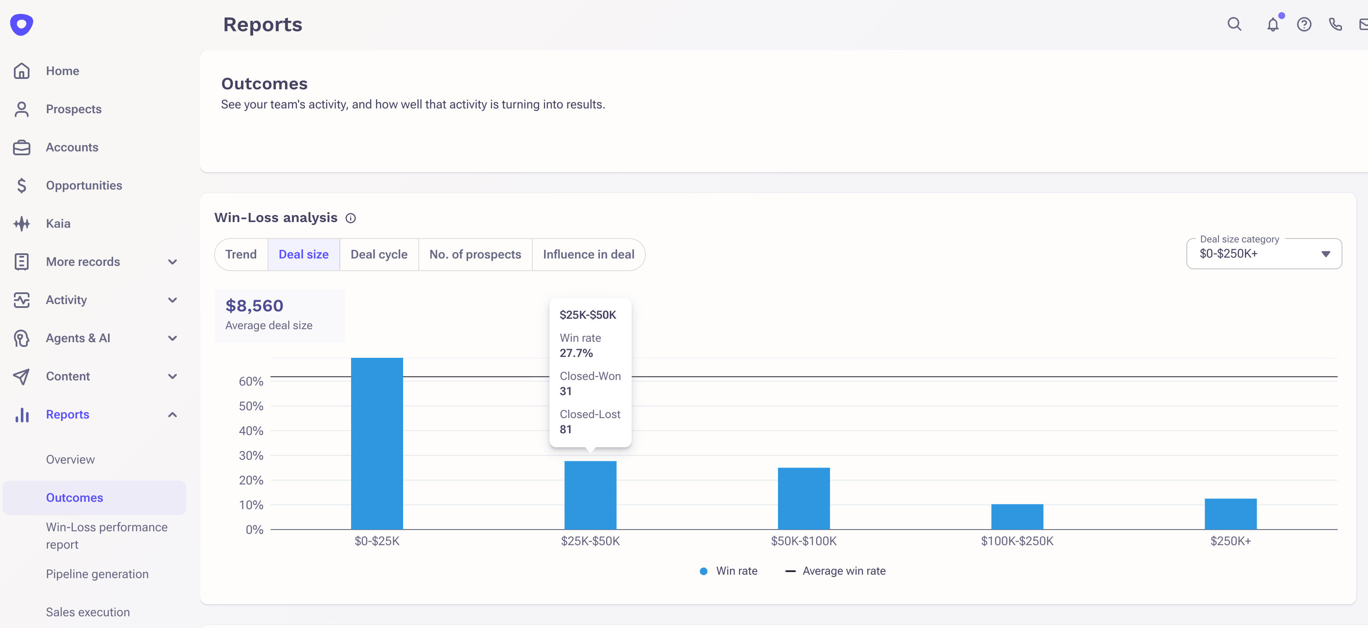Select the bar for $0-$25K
click(377, 443)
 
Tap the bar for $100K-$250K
click(1016, 517)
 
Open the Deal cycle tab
click(379, 255)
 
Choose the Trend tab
click(241, 255)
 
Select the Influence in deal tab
click(588, 255)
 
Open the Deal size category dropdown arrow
click(1325, 254)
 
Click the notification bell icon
click(1272, 24)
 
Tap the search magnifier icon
click(1234, 24)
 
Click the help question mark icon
click(1304, 24)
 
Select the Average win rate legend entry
click(835, 571)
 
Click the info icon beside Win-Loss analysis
click(351, 218)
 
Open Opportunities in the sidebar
click(84, 186)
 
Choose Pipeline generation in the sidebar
click(97, 574)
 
